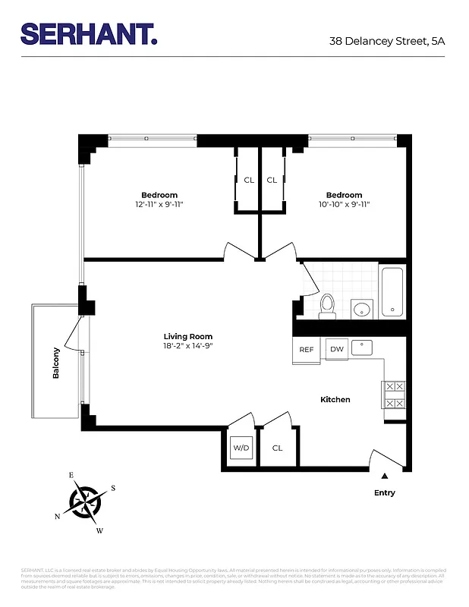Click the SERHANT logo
click(x=89, y=33)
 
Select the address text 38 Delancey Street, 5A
click(x=386, y=42)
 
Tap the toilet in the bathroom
click(x=327, y=306)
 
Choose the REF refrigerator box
click(x=307, y=350)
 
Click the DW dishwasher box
click(x=336, y=349)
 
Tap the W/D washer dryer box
click(x=241, y=448)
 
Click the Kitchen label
click(x=335, y=399)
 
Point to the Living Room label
click(x=188, y=336)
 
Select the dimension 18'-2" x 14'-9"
click(x=188, y=346)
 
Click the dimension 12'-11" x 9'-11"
click(x=159, y=204)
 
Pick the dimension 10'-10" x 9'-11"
click(x=344, y=204)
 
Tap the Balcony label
click(x=56, y=363)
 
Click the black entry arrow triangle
click(x=385, y=476)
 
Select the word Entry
click(x=385, y=492)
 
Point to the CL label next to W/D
click(x=277, y=448)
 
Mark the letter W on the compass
click(x=99, y=530)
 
